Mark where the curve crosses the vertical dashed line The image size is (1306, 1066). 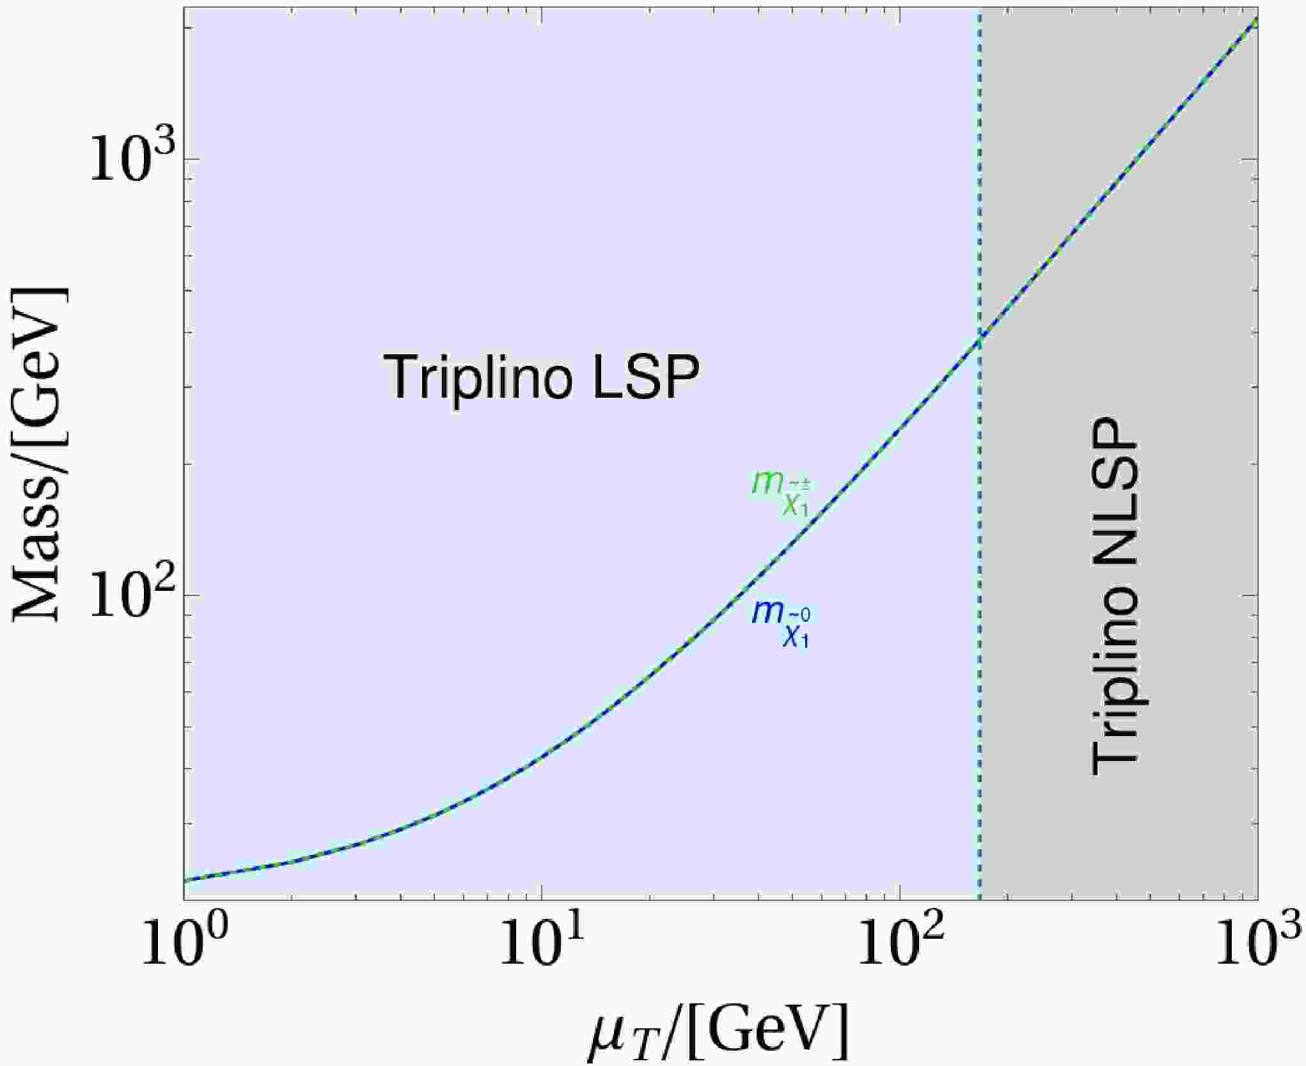tap(979, 339)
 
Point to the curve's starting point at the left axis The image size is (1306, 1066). tap(185, 881)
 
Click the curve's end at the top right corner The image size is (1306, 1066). tap(1256, 21)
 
